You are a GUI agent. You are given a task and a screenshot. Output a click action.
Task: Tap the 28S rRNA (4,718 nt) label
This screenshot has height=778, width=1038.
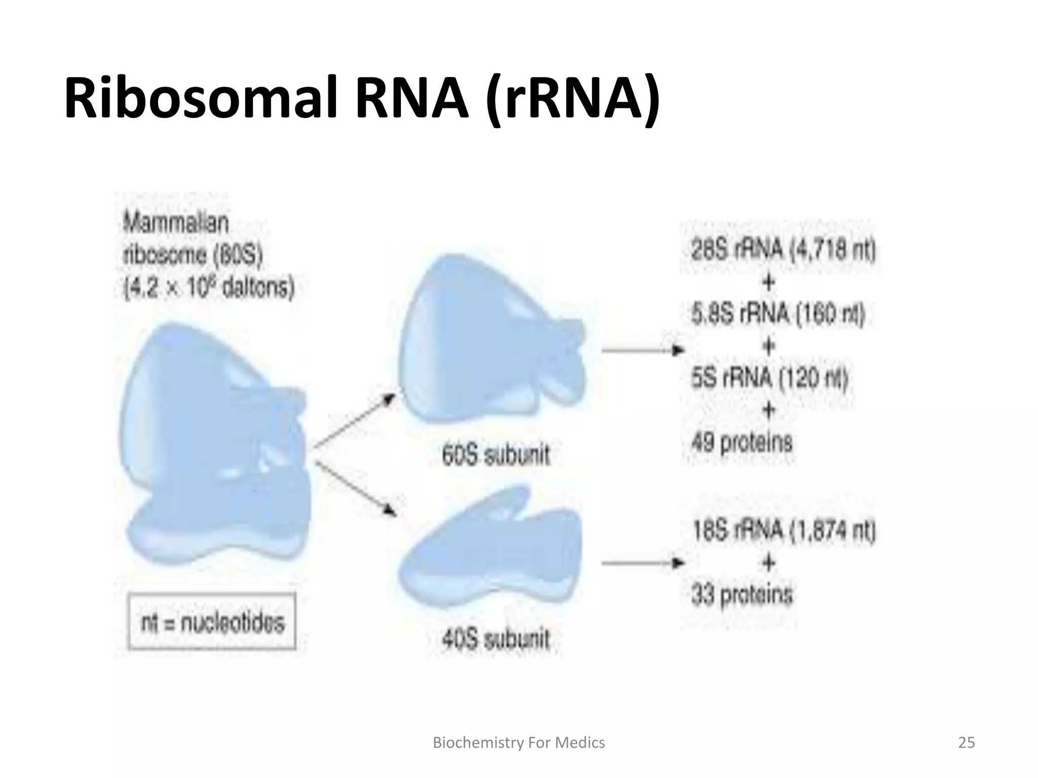pos(783,250)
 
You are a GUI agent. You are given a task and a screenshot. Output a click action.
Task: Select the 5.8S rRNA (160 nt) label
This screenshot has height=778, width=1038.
pos(778,314)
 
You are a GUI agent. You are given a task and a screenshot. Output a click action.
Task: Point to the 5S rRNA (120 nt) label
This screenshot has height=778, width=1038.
pos(769,378)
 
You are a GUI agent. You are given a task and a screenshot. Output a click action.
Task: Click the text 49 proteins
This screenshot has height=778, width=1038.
pos(742,443)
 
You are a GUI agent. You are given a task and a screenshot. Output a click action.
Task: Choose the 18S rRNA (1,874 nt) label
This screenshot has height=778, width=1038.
pos(784,531)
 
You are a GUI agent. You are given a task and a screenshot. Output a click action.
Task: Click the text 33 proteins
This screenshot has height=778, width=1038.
pos(742,595)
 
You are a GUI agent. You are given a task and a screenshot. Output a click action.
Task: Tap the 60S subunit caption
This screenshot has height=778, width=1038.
pos(496,454)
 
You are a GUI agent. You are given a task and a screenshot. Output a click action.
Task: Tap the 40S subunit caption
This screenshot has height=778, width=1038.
pos(496,639)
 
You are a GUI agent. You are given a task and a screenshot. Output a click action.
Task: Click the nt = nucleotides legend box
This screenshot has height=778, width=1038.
pos(212,621)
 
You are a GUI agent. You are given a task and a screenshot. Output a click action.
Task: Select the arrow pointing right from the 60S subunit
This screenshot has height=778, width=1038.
pos(643,350)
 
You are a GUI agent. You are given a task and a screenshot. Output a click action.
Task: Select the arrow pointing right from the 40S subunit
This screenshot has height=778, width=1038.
pos(643,563)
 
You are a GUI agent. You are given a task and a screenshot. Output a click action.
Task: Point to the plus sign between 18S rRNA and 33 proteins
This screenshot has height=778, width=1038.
pos(768,563)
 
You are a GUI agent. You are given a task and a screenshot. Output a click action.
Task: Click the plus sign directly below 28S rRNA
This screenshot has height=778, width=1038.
pos(768,282)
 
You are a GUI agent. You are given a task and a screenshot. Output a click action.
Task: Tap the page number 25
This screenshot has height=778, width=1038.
pos(966,743)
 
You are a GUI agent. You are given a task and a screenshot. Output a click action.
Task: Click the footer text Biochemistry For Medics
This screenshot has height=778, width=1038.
pos(518,743)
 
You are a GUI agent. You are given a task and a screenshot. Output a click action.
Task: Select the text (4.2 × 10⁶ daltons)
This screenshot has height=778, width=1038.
pos(209,288)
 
